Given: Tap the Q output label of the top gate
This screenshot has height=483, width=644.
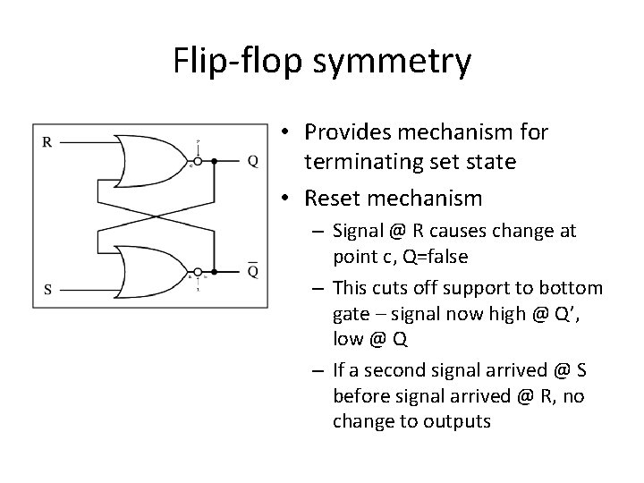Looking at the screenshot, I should (253, 162).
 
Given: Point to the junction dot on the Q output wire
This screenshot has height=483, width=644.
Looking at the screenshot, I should (215, 162).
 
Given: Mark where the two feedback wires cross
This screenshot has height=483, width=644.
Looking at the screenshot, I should (154, 215).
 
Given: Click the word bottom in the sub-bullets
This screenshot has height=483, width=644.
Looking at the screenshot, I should (578, 288).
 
